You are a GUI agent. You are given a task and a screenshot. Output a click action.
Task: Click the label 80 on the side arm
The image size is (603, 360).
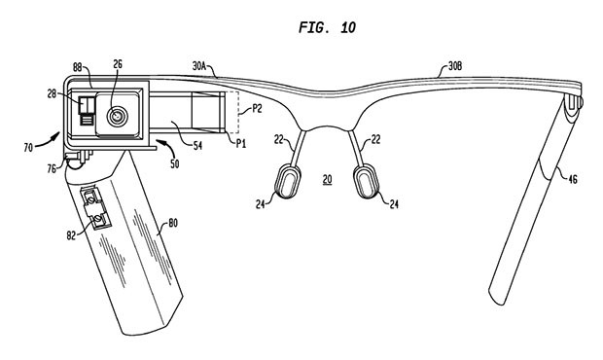(172, 222)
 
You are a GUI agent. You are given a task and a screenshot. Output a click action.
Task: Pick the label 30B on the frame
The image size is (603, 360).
(454, 67)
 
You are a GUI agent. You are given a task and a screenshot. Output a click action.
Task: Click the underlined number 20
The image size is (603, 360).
(328, 179)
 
